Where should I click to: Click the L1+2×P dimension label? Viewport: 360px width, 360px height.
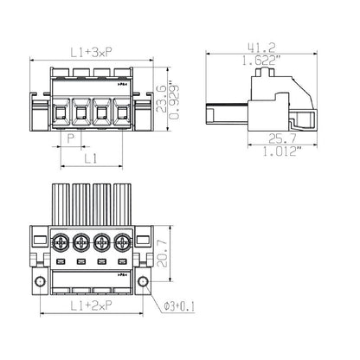coord(93,307)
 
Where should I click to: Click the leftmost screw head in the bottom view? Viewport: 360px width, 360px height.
coord(61,241)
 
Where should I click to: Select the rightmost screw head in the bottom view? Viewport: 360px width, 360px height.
coord(125,241)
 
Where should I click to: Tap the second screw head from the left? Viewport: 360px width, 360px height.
coord(82,241)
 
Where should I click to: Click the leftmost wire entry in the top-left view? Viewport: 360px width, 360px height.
coord(61,112)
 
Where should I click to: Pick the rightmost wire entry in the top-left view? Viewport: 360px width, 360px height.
coord(124,112)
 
